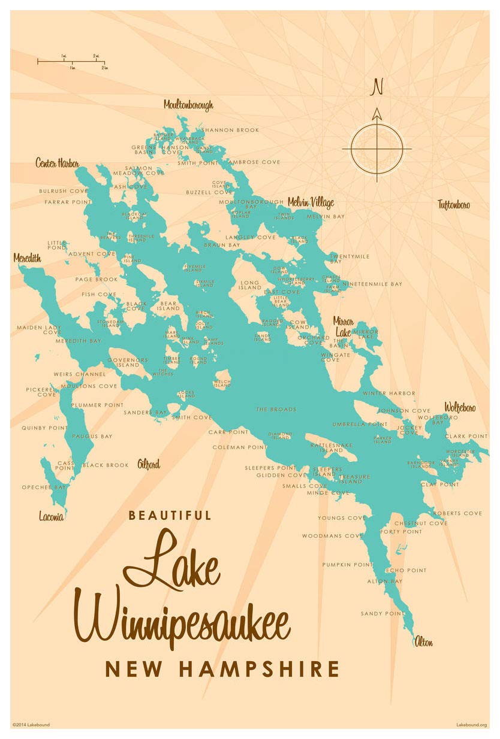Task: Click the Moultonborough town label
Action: (x=188, y=105)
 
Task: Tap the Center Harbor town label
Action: (x=57, y=163)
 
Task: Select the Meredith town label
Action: (x=27, y=258)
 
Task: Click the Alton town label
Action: (x=423, y=643)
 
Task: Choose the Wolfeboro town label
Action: (x=460, y=408)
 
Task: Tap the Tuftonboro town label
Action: (x=454, y=205)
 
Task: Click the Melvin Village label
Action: (x=311, y=202)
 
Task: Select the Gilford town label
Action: (x=149, y=464)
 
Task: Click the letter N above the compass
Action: (x=377, y=87)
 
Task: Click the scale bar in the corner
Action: (x=71, y=61)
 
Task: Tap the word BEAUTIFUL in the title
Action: (x=170, y=516)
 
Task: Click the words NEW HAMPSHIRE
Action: (x=222, y=669)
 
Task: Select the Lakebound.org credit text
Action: (x=471, y=725)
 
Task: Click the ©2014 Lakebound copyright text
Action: (x=31, y=725)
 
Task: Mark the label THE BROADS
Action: (x=276, y=410)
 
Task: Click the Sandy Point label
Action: (x=382, y=614)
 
